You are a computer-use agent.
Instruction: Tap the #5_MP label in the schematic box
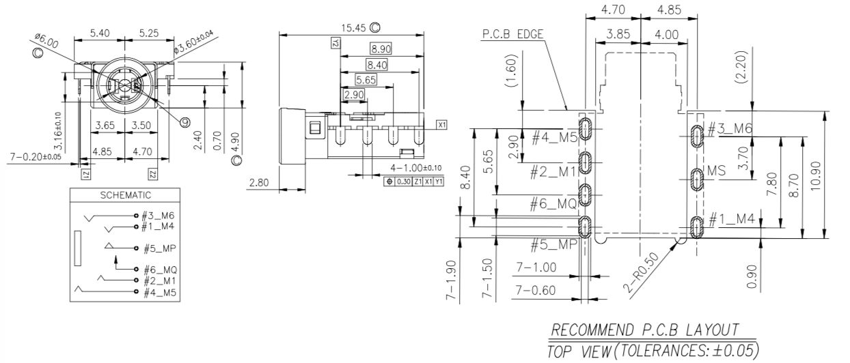[x=159, y=248]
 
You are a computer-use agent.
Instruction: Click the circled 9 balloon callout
[x=185, y=122]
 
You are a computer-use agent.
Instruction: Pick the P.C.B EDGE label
[x=512, y=33]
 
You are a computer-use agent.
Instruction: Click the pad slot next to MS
[x=696, y=181]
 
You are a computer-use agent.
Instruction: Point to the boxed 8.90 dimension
[x=380, y=48]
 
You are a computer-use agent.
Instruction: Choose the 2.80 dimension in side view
[x=260, y=182]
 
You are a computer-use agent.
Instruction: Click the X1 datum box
[x=442, y=126]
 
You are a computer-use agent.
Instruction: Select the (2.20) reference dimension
[x=743, y=67]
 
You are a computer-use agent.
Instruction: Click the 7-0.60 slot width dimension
[x=536, y=291]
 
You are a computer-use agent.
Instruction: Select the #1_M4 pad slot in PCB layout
[x=696, y=227]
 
